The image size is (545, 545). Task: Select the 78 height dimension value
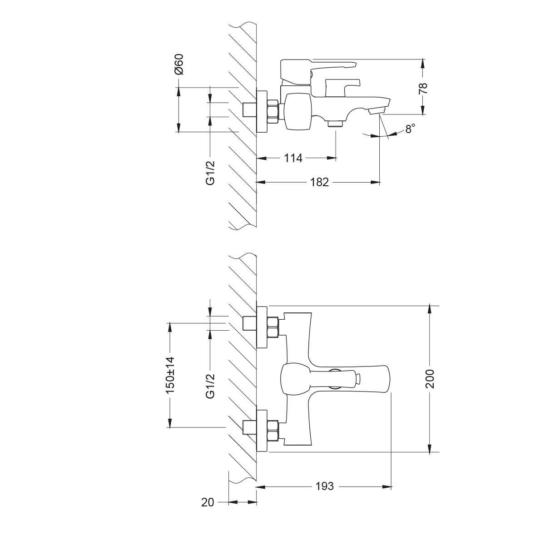click(423, 88)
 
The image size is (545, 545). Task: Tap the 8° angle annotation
click(410, 129)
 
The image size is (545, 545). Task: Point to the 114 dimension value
click(293, 158)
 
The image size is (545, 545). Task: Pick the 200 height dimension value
click(430, 379)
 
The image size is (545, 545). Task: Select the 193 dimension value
click(324, 486)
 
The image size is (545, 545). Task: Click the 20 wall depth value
click(208, 502)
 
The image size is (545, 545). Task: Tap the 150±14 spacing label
click(170, 375)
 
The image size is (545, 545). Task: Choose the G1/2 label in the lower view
click(210, 386)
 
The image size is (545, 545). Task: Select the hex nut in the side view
click(273, 111)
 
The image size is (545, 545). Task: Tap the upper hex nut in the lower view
click(273, 327)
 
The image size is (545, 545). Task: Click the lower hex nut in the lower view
click(273, 431)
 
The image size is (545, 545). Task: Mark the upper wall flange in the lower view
click(262, 327)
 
